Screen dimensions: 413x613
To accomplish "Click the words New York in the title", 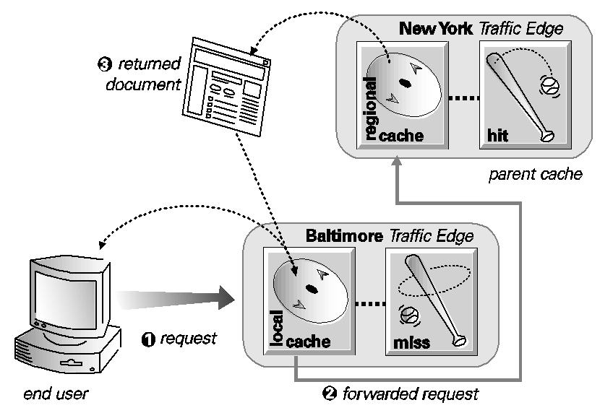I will [434, 29].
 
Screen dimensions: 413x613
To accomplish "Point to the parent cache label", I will [535, 175].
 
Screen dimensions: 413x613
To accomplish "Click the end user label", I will [55, 394].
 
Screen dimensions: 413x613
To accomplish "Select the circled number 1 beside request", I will [149, 339].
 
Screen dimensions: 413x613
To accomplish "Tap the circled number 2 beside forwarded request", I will [330, 394].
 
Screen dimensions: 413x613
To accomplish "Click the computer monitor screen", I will [64, 296].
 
